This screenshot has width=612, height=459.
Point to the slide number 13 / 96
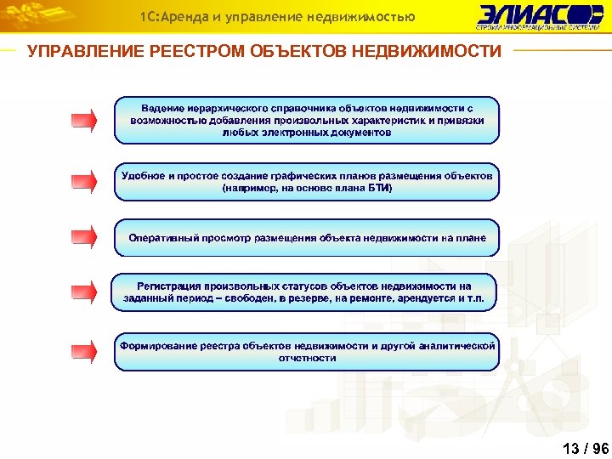pyautogui.click(x=586, y=448)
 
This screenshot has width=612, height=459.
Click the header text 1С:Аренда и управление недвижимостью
pyautogui.click(x=278, y=16)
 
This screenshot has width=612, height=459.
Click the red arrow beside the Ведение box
pyautogui.click(x=83, y=120)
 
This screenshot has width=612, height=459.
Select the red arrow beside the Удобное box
pyautogui.click(x=83, y=181)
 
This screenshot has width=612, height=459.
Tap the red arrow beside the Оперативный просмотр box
pyautogui.click(x=83, y=237)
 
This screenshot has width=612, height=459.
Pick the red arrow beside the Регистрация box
pyautogui.click(x=83, y=292)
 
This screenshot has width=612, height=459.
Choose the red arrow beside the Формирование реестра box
pyautogui.click(x=83, y=351)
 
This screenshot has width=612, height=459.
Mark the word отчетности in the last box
pyautogui.click(x=307, y=358)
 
